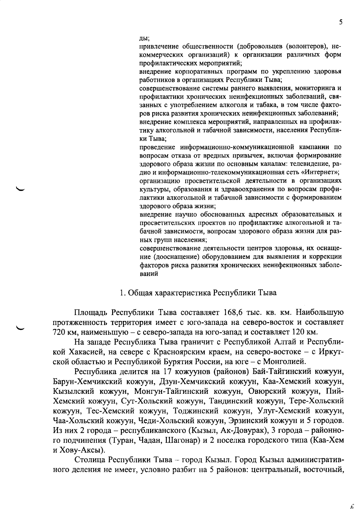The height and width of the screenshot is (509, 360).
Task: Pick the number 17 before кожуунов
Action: [x=167, y=371]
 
